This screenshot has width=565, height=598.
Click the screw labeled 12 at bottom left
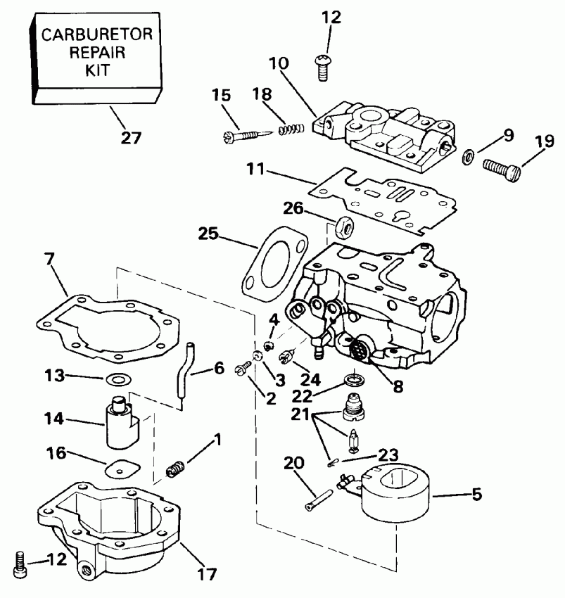20,562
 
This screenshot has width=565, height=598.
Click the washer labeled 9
467,155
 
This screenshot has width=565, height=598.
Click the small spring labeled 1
177,467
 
